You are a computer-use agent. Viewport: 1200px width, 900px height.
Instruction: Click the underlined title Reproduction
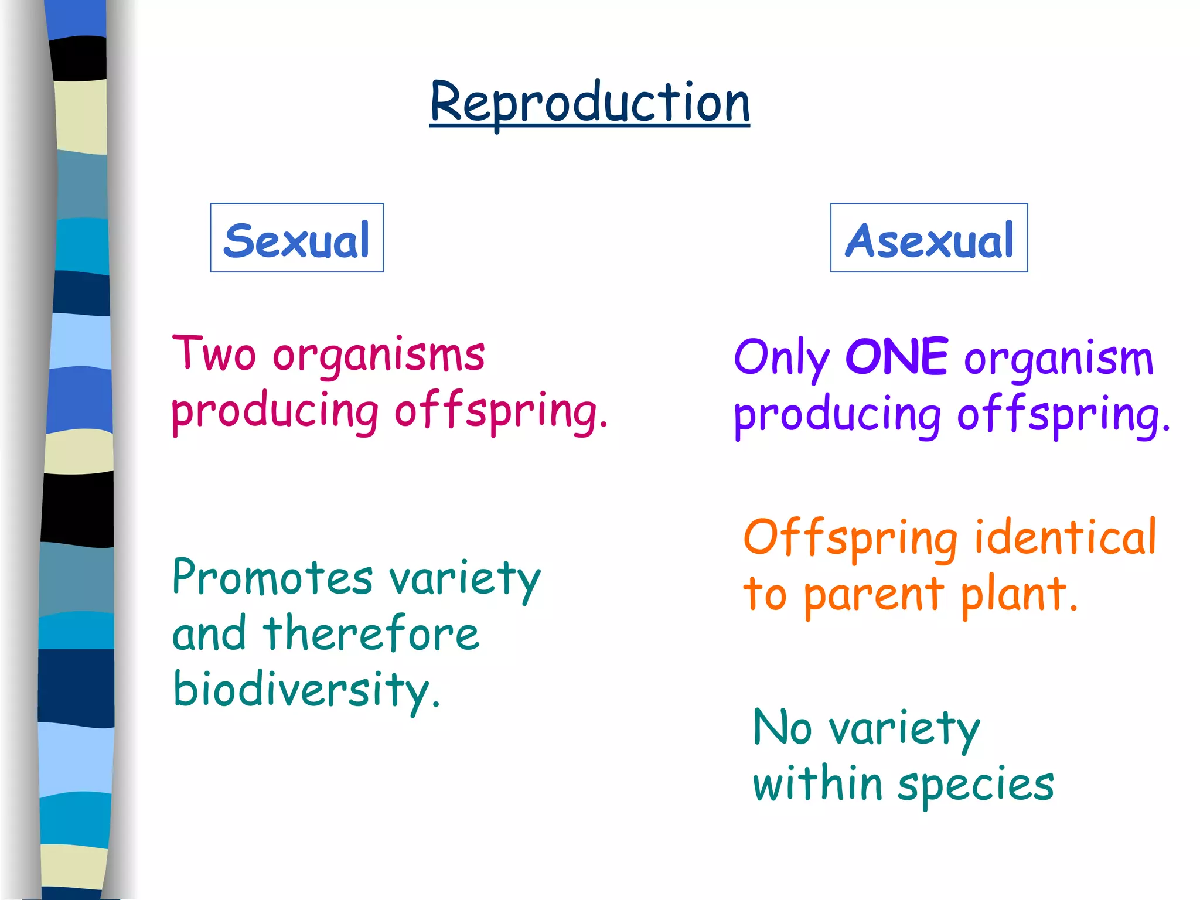click(589, 103)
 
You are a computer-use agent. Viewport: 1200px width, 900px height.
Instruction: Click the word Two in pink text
click(214, 353)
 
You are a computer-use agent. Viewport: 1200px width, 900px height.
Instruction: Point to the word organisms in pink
click(379, 356)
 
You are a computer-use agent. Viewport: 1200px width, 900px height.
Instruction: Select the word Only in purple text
click(782, 359)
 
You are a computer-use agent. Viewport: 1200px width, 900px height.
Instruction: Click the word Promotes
click(272, 578)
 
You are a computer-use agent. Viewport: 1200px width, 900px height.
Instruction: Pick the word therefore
click(371, 633)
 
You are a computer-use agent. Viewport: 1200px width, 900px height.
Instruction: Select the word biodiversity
click(306, 690)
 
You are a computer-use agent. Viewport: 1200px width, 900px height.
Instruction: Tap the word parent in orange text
click(874, 595)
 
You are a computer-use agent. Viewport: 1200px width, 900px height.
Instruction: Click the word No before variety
click(782, 727)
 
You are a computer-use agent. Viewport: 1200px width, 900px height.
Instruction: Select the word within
click(818, 783)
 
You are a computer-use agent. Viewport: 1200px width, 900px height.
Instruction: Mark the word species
click(976, 786)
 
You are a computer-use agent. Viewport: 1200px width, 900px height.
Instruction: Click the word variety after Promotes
click(465, 579)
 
